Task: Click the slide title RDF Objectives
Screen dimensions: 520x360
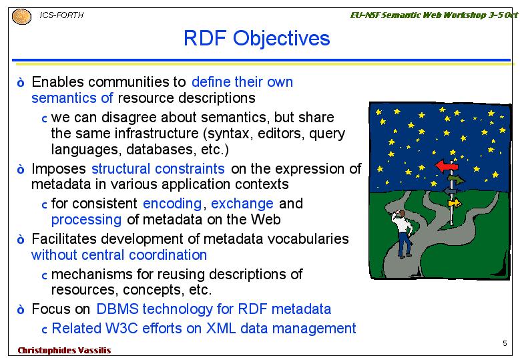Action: pyautogui.click(x=257, y=39)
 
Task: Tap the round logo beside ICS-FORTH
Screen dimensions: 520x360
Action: pyautogui.click(x=21, y=17)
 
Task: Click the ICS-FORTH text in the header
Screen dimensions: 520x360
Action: pyautogui.click(x=61, y=15)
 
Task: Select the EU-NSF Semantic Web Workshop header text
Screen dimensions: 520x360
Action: pyautogui.click(x=434, y=15)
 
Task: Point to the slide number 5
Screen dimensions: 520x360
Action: pyautogui.click(x=505, y=343)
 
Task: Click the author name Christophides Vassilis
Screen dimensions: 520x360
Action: pyautogui.click(x=64, y=351)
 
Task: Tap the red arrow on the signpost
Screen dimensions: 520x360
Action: pyautogui.click(x=447, y=165)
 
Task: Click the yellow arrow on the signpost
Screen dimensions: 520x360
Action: pyautogui.click(x=455, y=203)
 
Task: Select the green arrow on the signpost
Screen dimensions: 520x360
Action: pyautogui.click(x=457, y=180)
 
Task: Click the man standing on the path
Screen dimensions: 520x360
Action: pyautogui.click(x=403, y=234)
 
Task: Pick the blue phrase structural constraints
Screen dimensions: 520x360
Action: pyautogui.click(x=158, y=168)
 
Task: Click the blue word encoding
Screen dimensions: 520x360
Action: pyautogui.click(x=172, y=204)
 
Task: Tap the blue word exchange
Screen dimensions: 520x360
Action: pyautogui.click(x=242, y=204)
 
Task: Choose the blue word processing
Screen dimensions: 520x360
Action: pyautogui.click(x=86, y=220)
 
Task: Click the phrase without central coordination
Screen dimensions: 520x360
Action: pyautogui.click(x=119, y=255)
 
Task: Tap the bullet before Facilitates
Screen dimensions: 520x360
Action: pyautogui.click(x=21, y=239)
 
